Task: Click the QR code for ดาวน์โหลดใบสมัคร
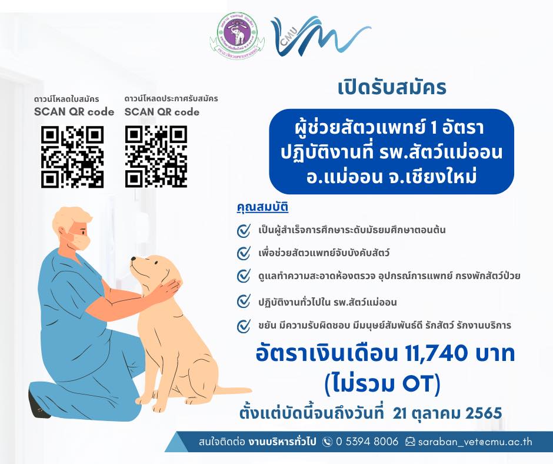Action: [x=72, y=157]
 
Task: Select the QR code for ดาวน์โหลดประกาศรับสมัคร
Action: [x=156, y=157]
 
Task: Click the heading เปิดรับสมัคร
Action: [x=392, y=87]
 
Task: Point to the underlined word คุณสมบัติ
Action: [x=262, y=207]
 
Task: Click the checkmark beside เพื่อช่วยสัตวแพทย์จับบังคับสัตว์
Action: [x=244, y=253]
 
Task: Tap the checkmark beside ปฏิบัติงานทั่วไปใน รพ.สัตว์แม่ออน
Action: [x=244, y=302]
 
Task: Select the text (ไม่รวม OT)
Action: [x=382, y=383]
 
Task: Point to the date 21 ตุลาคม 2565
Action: [x=447, y=413]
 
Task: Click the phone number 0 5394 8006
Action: [x=367, y=442]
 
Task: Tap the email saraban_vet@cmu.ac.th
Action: [x=475, y=442]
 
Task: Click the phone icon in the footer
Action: [x=327, y=442]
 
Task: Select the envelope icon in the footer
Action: [x=410, y=442]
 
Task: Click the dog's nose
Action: [x=133, y=259]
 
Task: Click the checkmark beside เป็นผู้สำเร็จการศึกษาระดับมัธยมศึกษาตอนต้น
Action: [x=244, y=231]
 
